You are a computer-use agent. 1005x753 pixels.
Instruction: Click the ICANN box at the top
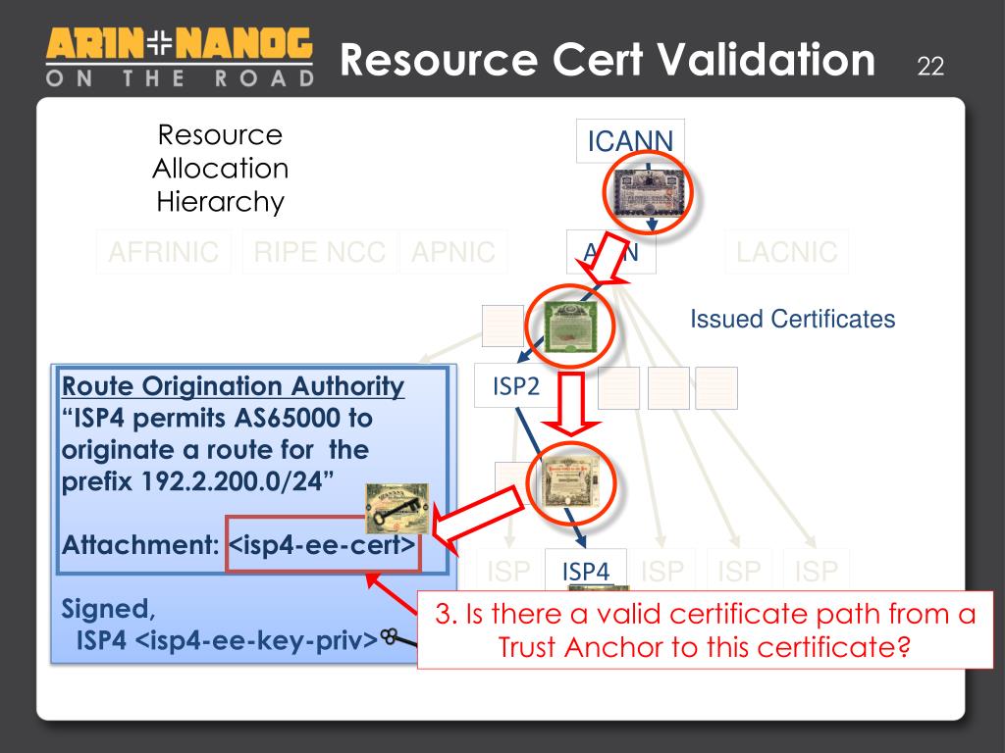(x=630, y=141)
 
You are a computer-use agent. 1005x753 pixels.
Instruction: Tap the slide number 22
(x=929, y=67)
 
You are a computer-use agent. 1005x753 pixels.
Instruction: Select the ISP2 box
(x=515, y=387)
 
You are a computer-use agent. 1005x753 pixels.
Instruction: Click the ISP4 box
(x=586, y=570)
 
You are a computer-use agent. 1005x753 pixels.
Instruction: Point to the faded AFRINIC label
(x=163, y=252)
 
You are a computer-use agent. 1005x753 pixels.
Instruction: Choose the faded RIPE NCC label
(x=319, y=252)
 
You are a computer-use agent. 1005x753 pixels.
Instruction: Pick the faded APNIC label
(x=453, y=252)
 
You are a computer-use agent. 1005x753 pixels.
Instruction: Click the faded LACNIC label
(x=787, y=252)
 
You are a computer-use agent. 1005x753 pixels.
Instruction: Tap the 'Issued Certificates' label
(x=793, y=319)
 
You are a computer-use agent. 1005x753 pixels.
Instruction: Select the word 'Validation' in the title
(x=766, y=61)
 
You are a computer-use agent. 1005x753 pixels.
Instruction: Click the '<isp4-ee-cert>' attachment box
(x=323, y=543)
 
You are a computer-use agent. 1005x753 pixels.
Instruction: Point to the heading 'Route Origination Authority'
(x=233, y=386)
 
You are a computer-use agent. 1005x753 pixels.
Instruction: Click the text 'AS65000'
(x=287, y=419)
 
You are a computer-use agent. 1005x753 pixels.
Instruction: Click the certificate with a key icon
(x=397, y=508)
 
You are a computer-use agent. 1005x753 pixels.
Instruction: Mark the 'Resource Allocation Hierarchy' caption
(x=220, y=169)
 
